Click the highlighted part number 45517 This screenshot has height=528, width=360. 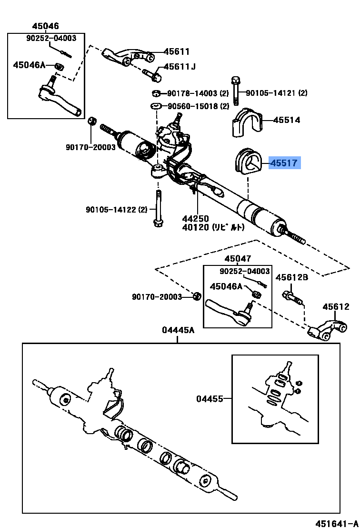click(x=284, y=163)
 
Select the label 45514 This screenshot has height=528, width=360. click(x=287, y=120)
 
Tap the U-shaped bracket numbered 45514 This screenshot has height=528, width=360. click(x=246, y=122)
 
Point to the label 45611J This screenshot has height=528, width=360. click(x=180, y=66)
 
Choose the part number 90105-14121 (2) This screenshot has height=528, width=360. click(x=276, y=92)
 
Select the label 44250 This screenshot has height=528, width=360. click(x=196, y=219)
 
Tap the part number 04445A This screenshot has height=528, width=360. click(x=178, y=330)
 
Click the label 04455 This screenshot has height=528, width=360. click(x=210, y=399)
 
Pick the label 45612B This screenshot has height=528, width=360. click(x=292, y=277)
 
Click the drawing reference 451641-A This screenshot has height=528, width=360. click(x=337, y=523)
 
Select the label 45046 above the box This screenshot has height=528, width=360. click(x=45, y=26)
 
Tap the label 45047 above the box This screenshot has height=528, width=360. click(x=238, y=259)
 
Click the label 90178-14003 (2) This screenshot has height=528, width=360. click(x=198, y=93)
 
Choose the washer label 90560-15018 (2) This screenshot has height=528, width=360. click(x=198, y=106)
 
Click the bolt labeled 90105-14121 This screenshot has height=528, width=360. click(x=236, y=91)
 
